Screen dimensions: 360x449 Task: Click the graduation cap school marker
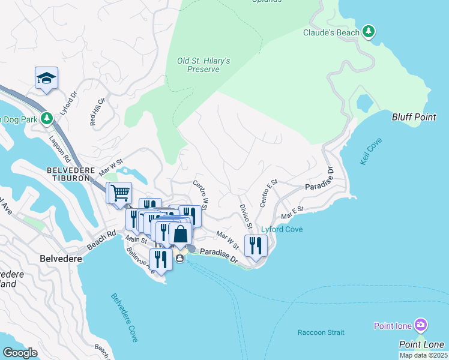pos(46,78)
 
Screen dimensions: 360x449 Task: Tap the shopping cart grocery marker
pos(119,194)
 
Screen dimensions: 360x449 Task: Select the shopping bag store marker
pos(180,235)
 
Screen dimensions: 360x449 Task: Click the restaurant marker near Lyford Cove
pos(256,245)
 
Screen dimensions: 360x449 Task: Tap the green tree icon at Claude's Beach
pos(369,32)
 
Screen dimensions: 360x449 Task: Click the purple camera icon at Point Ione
pos(421,325)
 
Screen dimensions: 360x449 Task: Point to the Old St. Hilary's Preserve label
pos(203,65)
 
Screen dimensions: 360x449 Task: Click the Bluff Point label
pos(414,117)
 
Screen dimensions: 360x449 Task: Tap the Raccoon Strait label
pos(321,332)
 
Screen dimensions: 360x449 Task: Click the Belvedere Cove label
pos(124,317)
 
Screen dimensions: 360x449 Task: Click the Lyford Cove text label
pos(282,229)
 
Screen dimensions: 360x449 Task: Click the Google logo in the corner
pos(20,353)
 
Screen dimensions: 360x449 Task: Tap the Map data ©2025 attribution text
pos(423,355)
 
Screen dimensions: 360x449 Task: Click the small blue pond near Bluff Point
pos(365,103)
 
